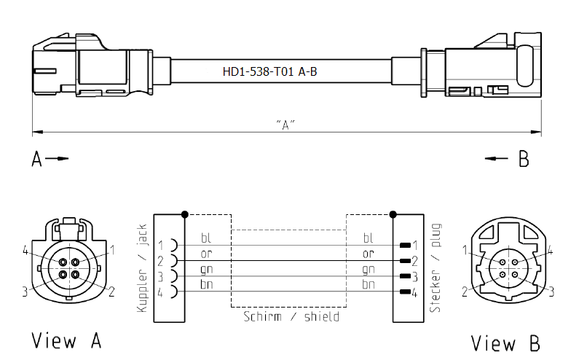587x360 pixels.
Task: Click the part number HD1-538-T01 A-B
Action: coord(269,71)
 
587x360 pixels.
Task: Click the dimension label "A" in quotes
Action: coord(285,125)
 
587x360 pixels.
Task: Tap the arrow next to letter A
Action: coord(57,158)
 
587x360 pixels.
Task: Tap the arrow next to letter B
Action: coord(496,158)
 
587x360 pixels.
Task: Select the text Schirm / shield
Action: coord(291,316)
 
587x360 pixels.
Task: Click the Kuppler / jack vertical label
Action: coord(142,268)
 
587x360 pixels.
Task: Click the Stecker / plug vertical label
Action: coord(436,268)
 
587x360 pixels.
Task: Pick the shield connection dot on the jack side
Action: coord(184,214)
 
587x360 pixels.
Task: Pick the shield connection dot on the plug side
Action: coord(393,214)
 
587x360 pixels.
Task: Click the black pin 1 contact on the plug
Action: coord(405,246)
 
